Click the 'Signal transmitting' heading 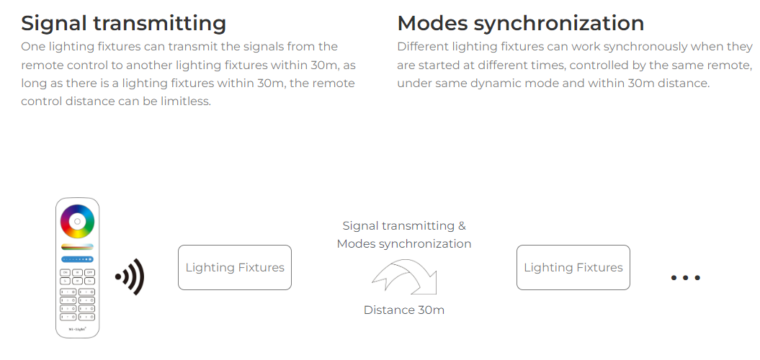(x=124, y=23)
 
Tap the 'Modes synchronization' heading (x=521, y=23)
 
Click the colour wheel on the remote (x=77, y=222)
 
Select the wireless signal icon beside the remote (x=130, y=277)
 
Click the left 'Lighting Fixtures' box (x=235, y=267)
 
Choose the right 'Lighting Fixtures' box (x=573, y=267)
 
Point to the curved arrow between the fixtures (x=405, y=276)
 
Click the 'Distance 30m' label (x=403, y=310)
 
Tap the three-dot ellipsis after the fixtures (x=685, y=278)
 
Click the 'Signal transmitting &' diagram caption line (x=403, y=226)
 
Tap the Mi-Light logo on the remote (x=77, y=329)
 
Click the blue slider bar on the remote (x=77, y=260)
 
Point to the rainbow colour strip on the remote (x=77, y=247)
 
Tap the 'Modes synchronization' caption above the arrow (x=403, y=243)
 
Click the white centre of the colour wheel (x=77, y=222)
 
